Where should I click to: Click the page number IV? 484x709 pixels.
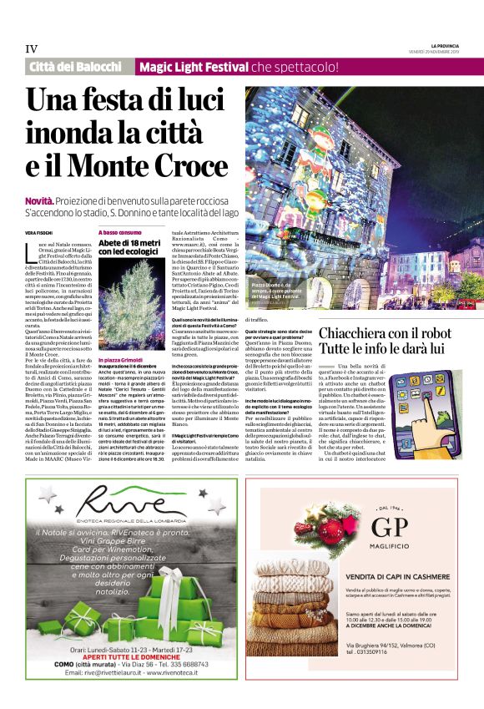pos(32,48)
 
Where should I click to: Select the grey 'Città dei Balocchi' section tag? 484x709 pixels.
pos(76,67)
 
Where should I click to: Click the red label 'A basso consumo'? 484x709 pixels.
pos(120,231)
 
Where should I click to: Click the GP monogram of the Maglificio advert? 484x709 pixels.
pos(383,528)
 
